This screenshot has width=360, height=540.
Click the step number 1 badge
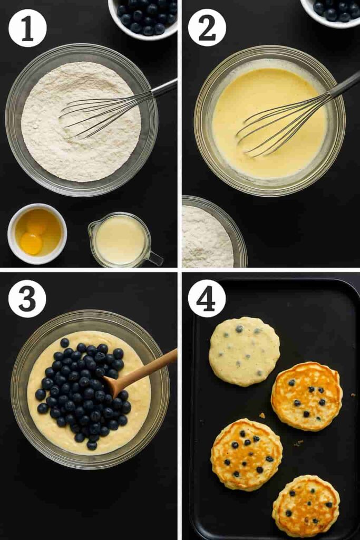coord(27,28)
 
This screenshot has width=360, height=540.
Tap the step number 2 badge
coord(207,28)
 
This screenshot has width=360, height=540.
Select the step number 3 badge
coord(27,298)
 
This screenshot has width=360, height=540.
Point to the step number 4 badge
coord(207,298)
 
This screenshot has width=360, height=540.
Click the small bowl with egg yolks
coord(37,234)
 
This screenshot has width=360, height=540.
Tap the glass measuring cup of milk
coord(120,240)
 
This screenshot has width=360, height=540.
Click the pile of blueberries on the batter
coord(84,390)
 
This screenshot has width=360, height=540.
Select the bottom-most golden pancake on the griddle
coord(306,505)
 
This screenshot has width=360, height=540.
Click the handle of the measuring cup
coord(155,258)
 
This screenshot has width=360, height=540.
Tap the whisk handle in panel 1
coord(164,88)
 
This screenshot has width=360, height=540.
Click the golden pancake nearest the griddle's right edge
coord(306,396)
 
